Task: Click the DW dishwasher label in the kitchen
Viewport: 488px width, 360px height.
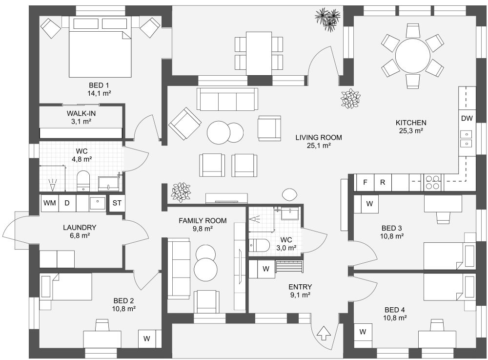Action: tap(467, 118)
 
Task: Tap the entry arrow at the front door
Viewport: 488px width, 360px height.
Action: tap(323, 334)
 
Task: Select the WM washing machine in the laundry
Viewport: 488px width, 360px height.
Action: tap(49, 203)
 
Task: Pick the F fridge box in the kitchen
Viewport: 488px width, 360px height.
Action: tap(364, 183)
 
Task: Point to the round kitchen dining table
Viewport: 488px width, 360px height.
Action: tap(412, 55)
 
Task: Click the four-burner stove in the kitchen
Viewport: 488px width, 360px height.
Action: tap(432, 182)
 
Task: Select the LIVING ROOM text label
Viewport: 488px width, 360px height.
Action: tap(318, 137)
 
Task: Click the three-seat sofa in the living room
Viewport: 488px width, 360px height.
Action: tap(227, 99)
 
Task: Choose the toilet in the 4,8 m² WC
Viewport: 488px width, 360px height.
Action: tap(83, 180)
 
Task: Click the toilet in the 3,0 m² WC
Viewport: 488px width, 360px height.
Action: tap(259, 245)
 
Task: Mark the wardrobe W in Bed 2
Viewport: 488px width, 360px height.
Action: tap(146, 338)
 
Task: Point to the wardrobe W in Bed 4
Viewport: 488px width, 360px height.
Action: tap(363, 332)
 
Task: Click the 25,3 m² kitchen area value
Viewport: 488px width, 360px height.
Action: tap(411, 130)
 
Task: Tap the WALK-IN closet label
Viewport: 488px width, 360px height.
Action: tap(81, 113)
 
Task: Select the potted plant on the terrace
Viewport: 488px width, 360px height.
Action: tap(327, 20)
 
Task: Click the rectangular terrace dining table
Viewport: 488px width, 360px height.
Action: tap(259, 53)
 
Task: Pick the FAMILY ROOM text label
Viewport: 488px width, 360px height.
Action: tap(202, 221)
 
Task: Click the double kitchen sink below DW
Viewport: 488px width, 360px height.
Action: tap(467, 139)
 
